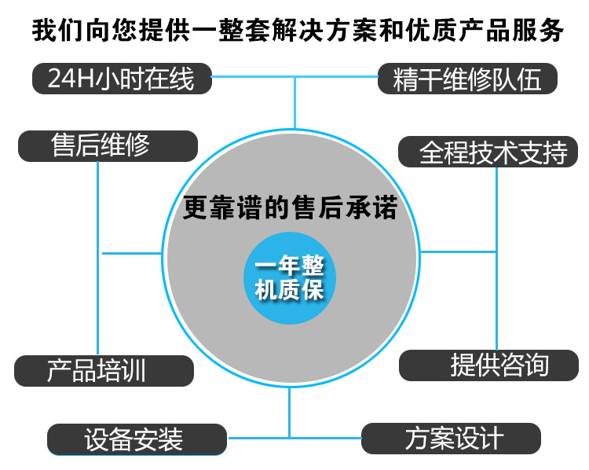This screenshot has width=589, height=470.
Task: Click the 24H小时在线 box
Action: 122,79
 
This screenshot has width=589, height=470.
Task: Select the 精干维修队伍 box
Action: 467,79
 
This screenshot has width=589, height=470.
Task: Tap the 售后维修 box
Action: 108,146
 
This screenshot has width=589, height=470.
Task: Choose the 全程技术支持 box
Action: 488,152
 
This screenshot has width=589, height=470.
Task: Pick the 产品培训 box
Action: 104,371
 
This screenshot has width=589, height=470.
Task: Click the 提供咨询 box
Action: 488,365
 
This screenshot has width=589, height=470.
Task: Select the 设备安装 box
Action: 137,439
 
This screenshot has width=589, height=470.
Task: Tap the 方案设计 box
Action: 451,439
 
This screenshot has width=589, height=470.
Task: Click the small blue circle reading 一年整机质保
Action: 290,278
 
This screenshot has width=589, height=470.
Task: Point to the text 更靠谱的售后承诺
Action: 290,207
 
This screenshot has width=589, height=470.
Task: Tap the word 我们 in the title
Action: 58,31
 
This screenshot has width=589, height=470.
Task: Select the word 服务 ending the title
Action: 537,31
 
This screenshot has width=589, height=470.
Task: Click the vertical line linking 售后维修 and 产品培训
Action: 97,259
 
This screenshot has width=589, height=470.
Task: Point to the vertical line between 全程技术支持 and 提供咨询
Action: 496,259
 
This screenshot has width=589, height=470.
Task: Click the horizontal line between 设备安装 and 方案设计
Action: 294,438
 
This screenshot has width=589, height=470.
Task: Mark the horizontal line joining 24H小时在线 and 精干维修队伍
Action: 294,77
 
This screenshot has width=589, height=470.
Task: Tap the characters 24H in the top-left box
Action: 71,79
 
